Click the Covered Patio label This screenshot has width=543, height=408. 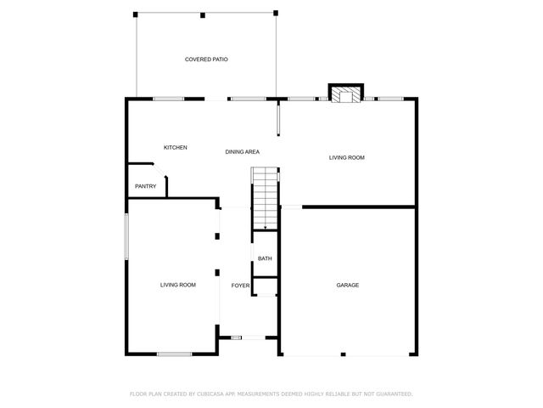click(206, 59)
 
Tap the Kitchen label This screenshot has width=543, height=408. click(176, 148)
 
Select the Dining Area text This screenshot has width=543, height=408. click(242, 152)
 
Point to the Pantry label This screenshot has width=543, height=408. click(145, 186)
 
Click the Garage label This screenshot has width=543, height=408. click(347, 285)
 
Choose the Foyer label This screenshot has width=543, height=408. click(240, 286)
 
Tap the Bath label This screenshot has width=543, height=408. click(265, 259)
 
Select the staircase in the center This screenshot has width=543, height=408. click(265, 198)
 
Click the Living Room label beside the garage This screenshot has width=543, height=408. click(347, 157)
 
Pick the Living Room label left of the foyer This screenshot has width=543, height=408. click(178, 285)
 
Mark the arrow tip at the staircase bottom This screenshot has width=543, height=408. click(266, 228)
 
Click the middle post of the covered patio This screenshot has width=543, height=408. click(203, 14)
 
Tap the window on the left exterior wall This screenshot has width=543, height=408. click(127, 235)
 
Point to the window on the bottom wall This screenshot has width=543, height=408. click(174, 354)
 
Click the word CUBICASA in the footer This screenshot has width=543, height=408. click(210, 394)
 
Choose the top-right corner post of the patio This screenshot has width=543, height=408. click(275, 13)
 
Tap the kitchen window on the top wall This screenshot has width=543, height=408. click(169, 99)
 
